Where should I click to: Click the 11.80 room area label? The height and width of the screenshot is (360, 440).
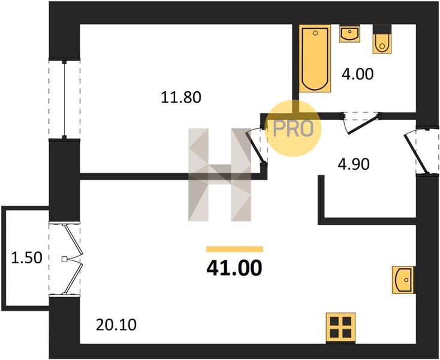pos(181,97)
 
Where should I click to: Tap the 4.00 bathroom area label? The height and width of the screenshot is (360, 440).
pos(357,74)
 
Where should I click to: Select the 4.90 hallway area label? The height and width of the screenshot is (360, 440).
pos(354,164)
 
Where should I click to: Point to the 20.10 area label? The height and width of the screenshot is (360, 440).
pos(116,325)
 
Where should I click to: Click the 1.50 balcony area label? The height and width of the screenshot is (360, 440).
pos(26,257)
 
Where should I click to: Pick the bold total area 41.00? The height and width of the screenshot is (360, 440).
pos(234,268)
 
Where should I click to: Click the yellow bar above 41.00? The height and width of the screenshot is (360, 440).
pos(234,249)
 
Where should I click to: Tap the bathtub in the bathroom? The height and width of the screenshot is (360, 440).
pos(315,58)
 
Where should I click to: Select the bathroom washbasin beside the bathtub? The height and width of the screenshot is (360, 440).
pos(349,34)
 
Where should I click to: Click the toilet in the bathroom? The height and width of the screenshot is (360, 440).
pos(382,40)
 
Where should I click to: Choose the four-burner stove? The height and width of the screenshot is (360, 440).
pos(340,328)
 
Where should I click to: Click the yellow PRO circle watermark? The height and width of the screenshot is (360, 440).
pos(293,128)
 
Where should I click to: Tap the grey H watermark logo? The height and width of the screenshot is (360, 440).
pos(219,175)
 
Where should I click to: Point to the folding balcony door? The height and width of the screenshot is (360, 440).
pos(72,259)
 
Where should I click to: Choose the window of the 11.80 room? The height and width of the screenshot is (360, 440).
pos(65,99)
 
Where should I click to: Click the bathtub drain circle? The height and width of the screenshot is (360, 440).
pos(315,33)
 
